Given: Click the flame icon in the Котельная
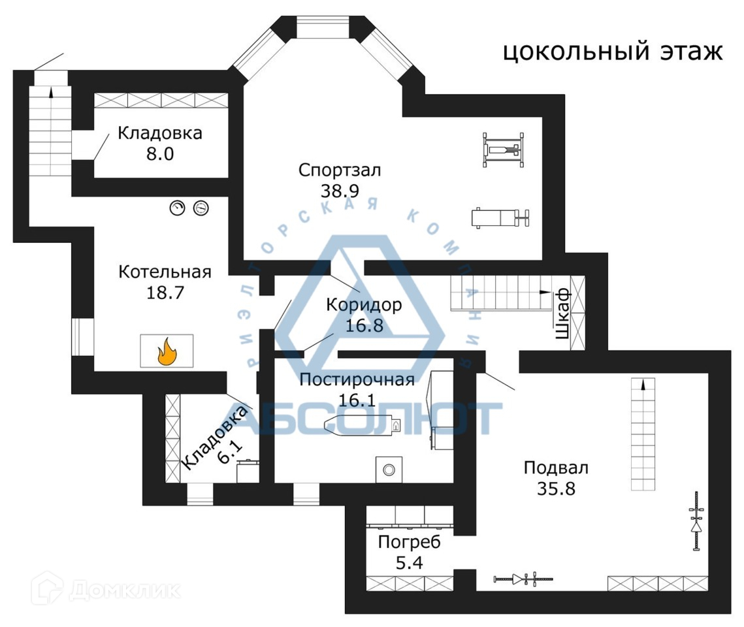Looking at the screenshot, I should tap(167, 351).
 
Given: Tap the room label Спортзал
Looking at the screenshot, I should tap(340, 170).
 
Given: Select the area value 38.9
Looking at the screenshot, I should tap(340, 190).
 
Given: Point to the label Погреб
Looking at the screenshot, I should tap(410, 542).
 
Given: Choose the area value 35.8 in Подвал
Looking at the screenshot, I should tap(556, 488).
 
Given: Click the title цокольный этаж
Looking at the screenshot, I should tap(613, 51).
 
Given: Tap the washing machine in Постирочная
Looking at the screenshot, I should tap(389, 470).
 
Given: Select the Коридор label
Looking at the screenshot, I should tap(364, 304).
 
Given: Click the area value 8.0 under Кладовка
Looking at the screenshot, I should tap(159, 153).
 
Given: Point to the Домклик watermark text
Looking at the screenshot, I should tap(124, 590).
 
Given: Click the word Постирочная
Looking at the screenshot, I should tap(357, 379).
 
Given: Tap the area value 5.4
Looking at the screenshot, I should tap(410, 562).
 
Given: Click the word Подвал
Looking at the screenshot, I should tap(556, 468).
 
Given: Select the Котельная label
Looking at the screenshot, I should tap(165, 272).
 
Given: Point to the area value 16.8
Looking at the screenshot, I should tap(364, 324).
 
